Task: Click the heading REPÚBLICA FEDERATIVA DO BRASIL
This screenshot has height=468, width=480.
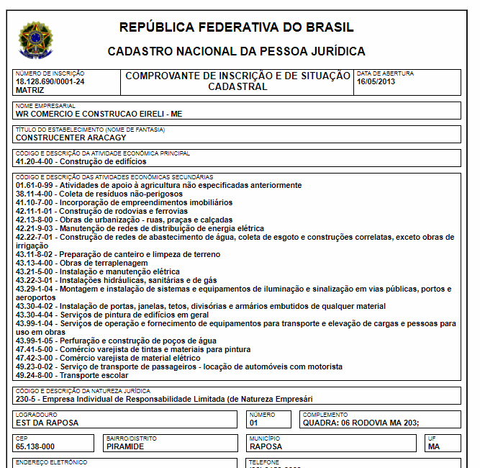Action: [236, 28]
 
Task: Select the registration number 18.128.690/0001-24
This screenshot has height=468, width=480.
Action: [50, 81]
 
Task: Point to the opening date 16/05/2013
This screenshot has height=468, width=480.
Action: [376, 81]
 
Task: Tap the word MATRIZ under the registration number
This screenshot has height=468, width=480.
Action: [30, 90]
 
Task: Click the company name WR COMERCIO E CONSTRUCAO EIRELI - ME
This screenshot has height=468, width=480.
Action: [99, 114]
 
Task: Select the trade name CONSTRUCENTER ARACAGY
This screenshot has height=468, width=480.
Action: [71, 138]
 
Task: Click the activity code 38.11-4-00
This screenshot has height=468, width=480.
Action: [35, 194]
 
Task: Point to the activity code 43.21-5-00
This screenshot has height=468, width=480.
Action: [35, 271]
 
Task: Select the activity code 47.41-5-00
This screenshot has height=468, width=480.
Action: [35, 349]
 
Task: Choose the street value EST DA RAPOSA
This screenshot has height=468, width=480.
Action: [47, 423]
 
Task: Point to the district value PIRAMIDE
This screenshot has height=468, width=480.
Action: [124, 446]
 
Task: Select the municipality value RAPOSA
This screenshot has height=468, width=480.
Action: [266, 446]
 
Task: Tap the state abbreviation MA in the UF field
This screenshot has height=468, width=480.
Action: [433, 446]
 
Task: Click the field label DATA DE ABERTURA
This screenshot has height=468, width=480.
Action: [385, 73]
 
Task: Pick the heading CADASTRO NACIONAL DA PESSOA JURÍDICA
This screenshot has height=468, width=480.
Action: [236, 52]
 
